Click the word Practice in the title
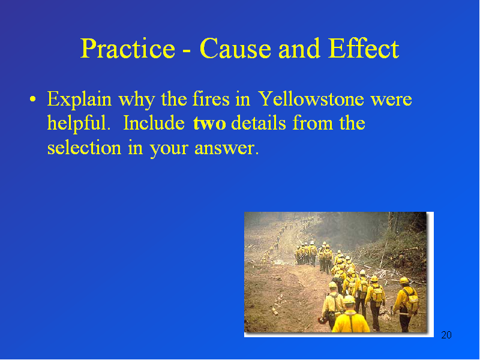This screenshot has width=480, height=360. (128, 49)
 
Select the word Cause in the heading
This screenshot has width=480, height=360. (235, 49)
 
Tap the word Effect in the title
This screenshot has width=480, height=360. (364, 49)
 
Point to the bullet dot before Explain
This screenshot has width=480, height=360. (33, 99)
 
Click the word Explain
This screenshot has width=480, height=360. (79, 100)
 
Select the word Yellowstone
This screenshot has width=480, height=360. (311, 99)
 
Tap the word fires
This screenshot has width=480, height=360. (211, 99)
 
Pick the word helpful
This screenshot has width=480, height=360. (79, 124)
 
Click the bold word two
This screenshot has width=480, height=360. (209, 124)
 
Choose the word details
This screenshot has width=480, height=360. (259, 123)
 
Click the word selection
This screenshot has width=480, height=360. (84, 148)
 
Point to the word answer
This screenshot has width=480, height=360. (227, 148)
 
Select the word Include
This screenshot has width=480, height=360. (154, 123)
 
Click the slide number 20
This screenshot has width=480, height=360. (446, 335)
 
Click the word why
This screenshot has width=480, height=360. (137, 100)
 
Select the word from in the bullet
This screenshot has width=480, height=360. (313, 123)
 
